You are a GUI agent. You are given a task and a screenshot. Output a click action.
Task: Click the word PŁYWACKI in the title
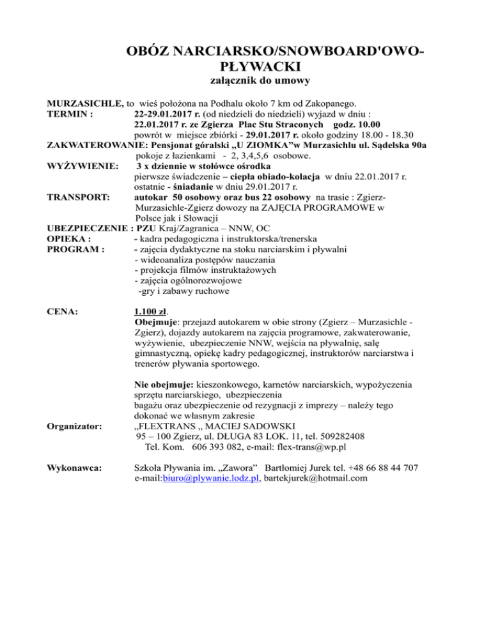pos(260,66)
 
